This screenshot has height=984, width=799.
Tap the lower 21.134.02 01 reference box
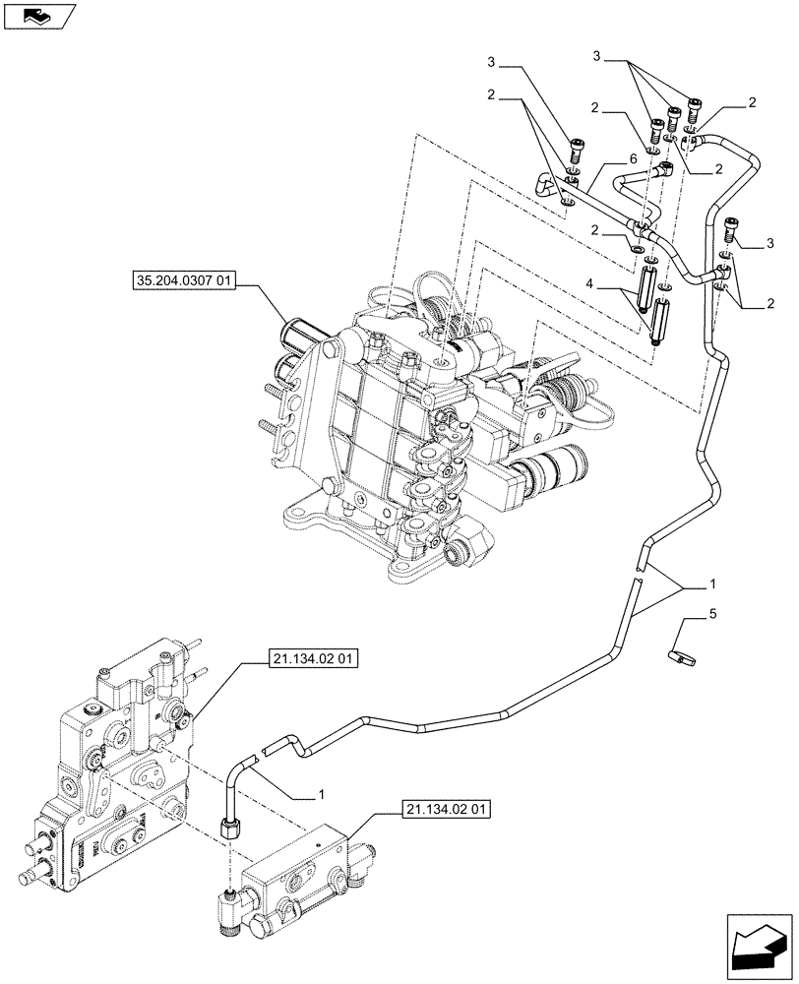(446, 810)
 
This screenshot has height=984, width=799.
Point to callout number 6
(634, 157)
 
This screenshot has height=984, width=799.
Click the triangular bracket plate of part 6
(545, 183)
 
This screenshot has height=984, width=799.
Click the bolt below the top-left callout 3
(577, 150)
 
